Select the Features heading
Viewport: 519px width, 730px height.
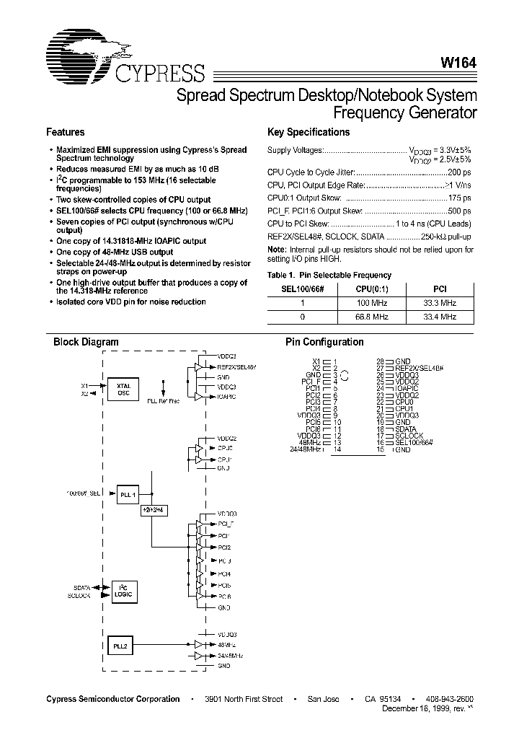[66, 133]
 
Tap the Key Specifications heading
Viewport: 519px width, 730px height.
[308, 133]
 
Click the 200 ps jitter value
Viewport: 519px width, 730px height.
[459, 173]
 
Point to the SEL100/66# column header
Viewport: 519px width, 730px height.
[303, 289]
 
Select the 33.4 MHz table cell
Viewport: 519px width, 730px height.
[439, 317]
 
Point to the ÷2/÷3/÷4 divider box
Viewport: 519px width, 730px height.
[153, 509]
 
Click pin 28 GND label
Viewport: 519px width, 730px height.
[402, 361]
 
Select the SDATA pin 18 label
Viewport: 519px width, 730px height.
[407, 428]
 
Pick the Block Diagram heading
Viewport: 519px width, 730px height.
[86, 343]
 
